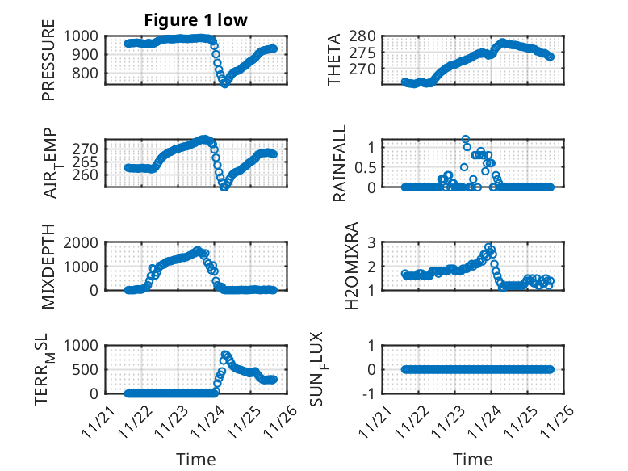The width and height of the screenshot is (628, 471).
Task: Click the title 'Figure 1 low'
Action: [x=196, y=20]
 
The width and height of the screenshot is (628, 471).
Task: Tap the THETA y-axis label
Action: [x=334, y=61]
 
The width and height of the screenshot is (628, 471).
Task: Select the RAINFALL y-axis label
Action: [x=339, y=163]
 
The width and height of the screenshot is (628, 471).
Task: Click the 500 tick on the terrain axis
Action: [x=90, y=369]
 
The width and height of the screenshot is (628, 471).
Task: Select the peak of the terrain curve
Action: [x=225, y=354]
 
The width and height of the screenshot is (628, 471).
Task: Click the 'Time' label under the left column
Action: [x=196, y=460]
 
